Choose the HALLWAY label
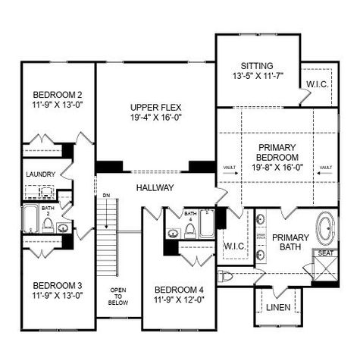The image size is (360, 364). click(155, 187)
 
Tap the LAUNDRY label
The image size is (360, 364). click(40, 174)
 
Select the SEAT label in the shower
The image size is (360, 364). click(325, 253)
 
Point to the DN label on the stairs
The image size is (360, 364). click(106, 196)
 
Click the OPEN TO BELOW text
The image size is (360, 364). click(117, 296)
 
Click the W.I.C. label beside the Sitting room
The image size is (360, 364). click(316, 83)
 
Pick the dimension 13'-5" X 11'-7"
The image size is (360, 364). click(256, 77)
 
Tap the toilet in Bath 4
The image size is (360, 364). click(191, 230)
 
